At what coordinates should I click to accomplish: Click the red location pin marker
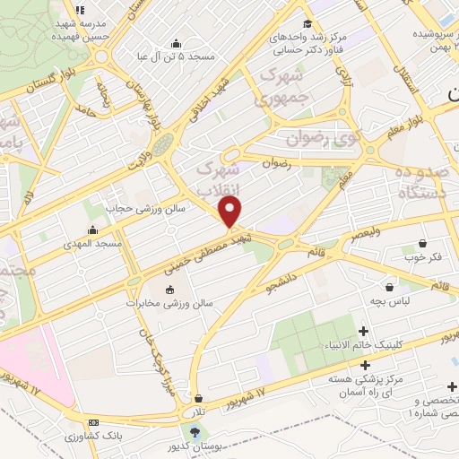coord(231,212)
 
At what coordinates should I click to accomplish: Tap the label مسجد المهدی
coord(91,243)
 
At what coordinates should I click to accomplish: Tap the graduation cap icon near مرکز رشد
coord(308,24)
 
